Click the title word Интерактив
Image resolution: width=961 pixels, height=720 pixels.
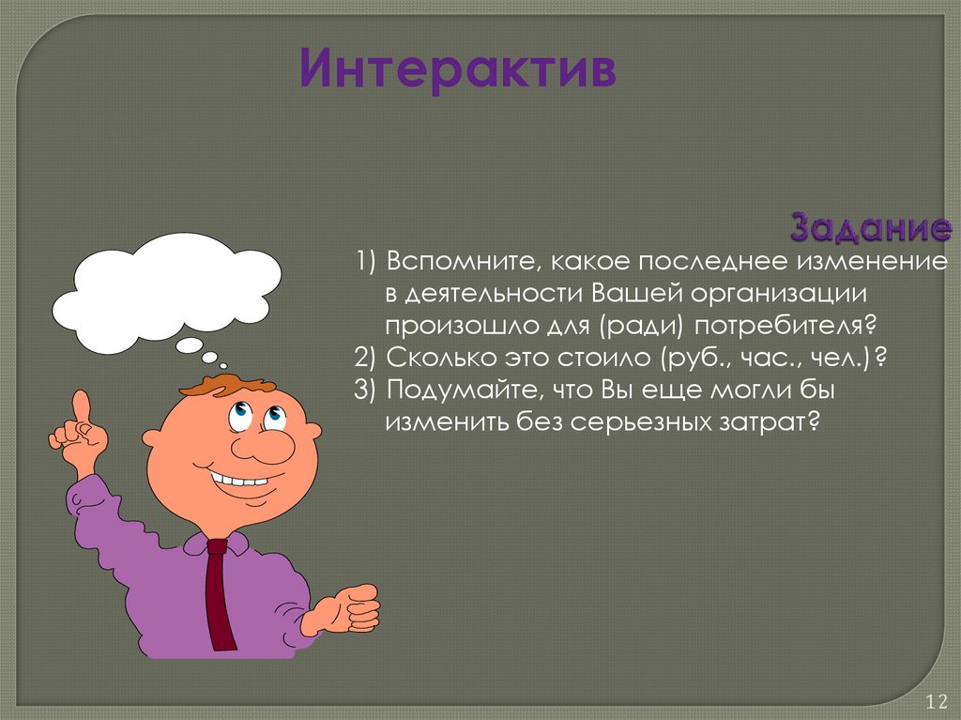[x=457, y=72]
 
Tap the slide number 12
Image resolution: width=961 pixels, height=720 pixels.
[x=936, y=701]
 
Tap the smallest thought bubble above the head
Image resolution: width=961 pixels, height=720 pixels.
[x=222, y=364]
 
